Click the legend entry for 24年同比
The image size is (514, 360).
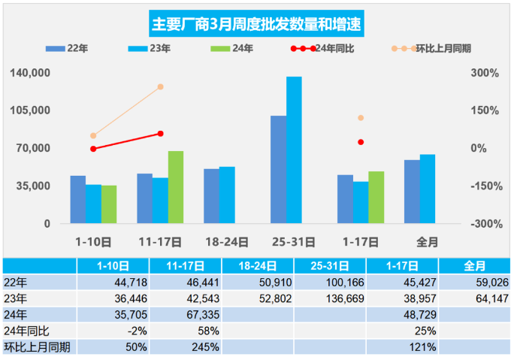tap(328, 49)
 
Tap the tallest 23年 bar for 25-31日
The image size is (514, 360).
tap(294, 150)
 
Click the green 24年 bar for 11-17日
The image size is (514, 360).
tap(175, 187)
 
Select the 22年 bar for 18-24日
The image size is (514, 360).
tap(211, 196)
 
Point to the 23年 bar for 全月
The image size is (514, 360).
tap(428, 189)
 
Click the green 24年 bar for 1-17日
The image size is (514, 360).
tap(376, 197)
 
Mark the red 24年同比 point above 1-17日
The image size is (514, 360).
tap(361, 142)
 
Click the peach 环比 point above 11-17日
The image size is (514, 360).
tap(160, 87)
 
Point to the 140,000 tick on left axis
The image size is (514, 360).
tap(31, 73)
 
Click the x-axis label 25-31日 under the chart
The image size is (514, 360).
tap(294, 242)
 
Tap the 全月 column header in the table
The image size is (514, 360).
tap(474, 265)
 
